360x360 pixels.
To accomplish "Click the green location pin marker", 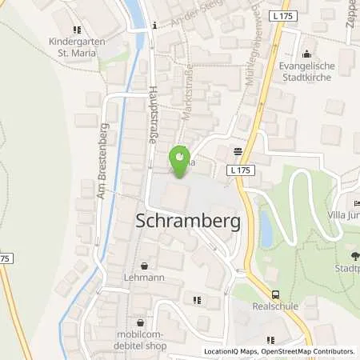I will pos(180,155).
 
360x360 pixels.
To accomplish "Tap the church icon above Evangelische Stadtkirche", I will pos(308,54).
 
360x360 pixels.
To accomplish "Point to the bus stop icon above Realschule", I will pos(276,294).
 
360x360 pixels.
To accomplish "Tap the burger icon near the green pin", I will pos(238,150).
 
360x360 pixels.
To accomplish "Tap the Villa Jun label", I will pos(344,216).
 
